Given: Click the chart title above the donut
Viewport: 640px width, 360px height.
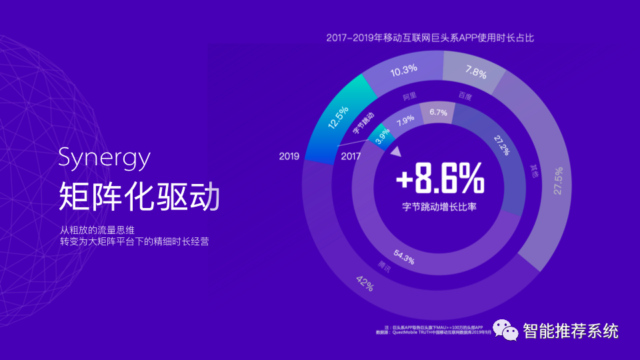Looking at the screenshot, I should (430, 38).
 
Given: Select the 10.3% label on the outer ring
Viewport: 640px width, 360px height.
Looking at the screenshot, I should (404, 69).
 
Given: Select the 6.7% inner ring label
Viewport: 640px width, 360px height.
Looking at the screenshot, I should (438, 112).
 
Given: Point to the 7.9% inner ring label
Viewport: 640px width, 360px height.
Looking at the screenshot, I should (405, 121).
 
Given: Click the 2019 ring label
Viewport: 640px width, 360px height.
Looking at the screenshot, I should (289, 157).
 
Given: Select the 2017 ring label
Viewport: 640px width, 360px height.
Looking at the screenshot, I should (351, 157).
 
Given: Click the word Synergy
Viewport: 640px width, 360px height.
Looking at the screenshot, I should (104, 159).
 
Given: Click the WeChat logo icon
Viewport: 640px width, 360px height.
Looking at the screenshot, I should (505, 329).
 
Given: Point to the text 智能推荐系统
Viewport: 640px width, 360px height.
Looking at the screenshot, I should (571, 330).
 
